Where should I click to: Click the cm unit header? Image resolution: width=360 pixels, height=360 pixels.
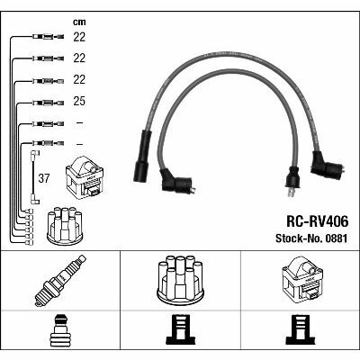[x=79, y=22]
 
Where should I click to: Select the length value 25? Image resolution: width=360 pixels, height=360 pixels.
[x=79, y=101]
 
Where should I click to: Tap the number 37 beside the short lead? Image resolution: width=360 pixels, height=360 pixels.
[x=44, y=178]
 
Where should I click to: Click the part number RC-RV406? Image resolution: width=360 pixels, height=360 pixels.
[x=318, y=221]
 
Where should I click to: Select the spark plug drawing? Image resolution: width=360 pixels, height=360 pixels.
[x=60, y=281]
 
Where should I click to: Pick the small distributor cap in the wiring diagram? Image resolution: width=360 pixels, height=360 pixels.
[x=65, y=226]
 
